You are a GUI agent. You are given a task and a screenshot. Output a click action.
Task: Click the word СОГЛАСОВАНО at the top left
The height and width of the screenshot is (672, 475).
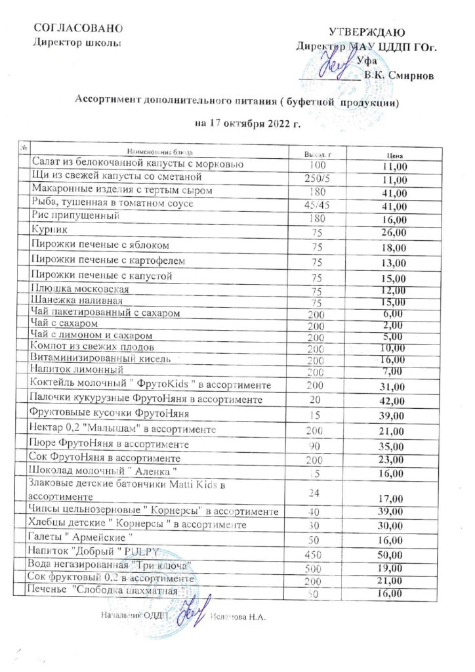tap(78, 28)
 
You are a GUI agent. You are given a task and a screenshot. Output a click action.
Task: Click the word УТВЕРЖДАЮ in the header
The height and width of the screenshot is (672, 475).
tap(365, 32)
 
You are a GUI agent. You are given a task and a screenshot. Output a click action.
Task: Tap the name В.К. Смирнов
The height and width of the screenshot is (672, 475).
tap(398, 75)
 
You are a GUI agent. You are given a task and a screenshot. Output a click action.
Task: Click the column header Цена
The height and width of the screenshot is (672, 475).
tap(394, 156)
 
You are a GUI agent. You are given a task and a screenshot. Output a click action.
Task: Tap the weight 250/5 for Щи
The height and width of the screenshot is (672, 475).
tap(318, 179)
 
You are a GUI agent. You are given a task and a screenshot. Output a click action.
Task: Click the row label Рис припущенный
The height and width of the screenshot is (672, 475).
tap(75, 216)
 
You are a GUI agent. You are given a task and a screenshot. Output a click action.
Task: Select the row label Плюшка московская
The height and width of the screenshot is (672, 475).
tap(80, 289)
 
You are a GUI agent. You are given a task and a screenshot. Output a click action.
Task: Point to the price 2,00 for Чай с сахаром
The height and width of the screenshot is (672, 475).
tap(394, 324)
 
